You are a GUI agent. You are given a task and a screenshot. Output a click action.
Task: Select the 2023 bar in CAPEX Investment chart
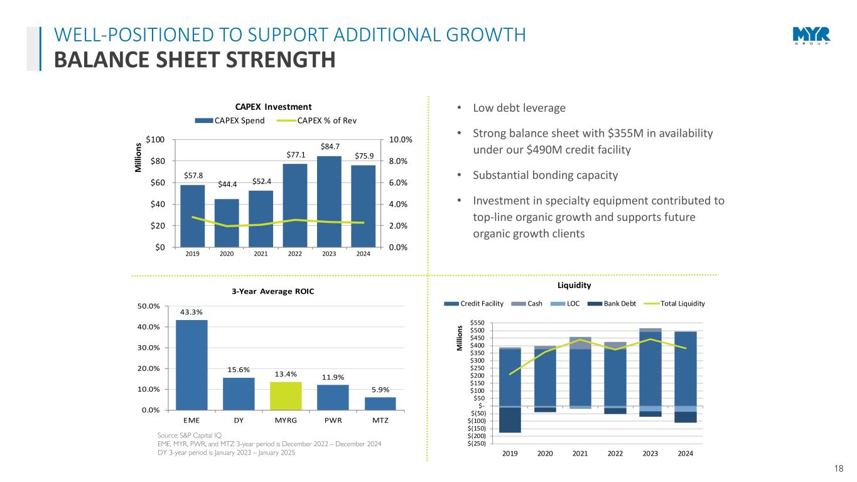point(329,201)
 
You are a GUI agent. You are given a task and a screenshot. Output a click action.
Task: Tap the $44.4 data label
point(227,184)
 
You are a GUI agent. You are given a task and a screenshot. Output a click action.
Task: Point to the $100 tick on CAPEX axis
point(156,139)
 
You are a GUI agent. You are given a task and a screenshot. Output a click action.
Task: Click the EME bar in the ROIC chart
point(191,365)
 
